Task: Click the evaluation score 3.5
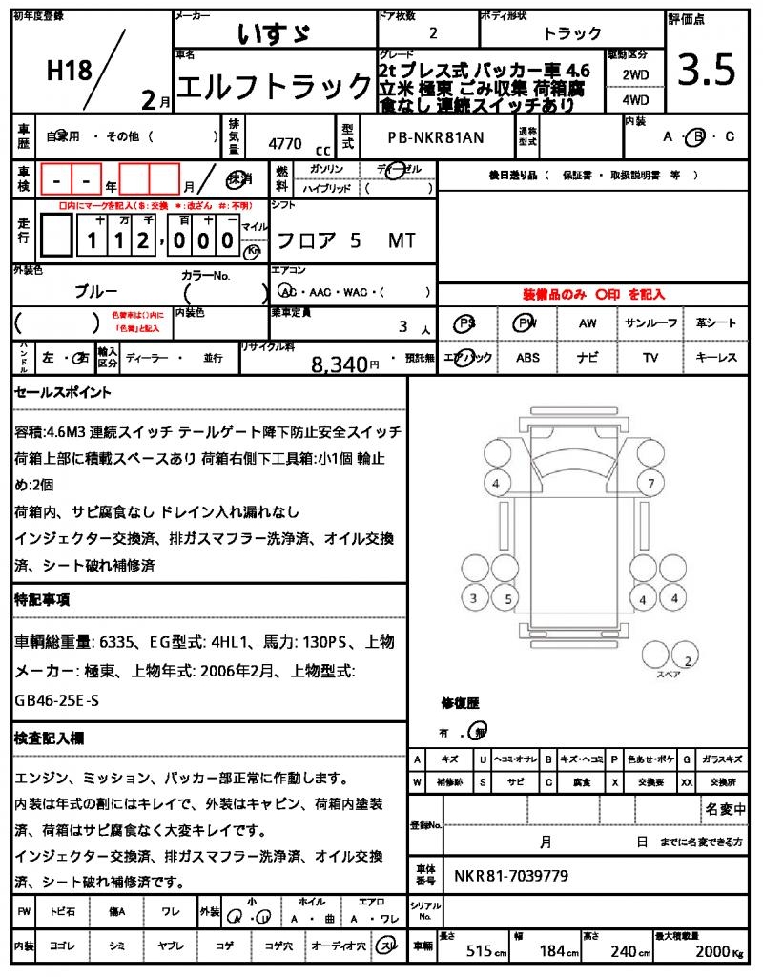[x=707, y=71]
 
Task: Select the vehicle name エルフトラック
[x=276, y=87]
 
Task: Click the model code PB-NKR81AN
[x=436, y=137]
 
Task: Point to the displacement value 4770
[x=285, y=144]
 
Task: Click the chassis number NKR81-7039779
[x=511, y=875]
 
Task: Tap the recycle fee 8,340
[x=339, y=364]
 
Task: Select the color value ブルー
[x=96, y=290]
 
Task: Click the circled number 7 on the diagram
[x=650, y=484]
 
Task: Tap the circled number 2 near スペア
[x=689, y=660]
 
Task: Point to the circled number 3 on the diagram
[x=473, y=599]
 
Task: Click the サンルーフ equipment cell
[x=651, y=323]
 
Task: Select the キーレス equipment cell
[x=716, y=358]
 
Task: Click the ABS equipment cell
[x=527, y=358]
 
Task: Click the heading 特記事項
[x=41, y=600]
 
